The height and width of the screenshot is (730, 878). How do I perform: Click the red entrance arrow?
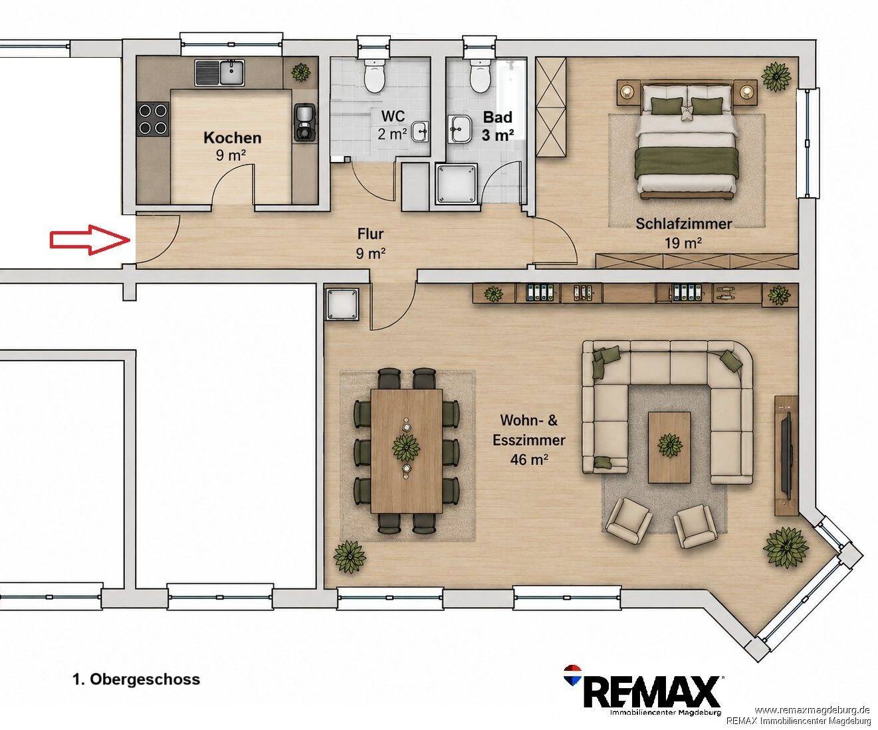(x=90, y=240)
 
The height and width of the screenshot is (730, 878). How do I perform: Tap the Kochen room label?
(x=233, y=138)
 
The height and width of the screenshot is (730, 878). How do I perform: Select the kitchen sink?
(x=219, y=72)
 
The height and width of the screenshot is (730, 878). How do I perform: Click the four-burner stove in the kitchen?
(x=153, y=118)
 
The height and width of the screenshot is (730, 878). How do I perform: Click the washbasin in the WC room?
(x=420, y=132)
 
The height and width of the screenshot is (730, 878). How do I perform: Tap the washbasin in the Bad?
(x=461, y=129)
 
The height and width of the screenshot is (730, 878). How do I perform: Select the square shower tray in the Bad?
(x=457, y=183)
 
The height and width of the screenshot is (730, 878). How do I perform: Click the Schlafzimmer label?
(x=684, y=224)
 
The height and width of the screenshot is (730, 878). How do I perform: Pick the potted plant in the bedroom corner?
(x=776, y=76)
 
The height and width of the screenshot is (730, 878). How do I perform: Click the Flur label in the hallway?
(x=370, y=234)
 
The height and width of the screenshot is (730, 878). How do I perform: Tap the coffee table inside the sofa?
(x=670, y=447)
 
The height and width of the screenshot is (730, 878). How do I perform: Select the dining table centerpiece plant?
(x=406, y=448)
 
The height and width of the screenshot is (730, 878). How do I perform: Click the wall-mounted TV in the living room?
(x=786, y=455)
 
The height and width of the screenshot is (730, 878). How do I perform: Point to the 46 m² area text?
(x=529, y=460)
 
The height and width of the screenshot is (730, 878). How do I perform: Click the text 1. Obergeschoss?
(x=136, y=679)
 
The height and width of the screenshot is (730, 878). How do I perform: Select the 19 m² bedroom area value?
(x=683, y=242)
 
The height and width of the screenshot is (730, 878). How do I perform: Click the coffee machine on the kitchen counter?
(x=304, y=122)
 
